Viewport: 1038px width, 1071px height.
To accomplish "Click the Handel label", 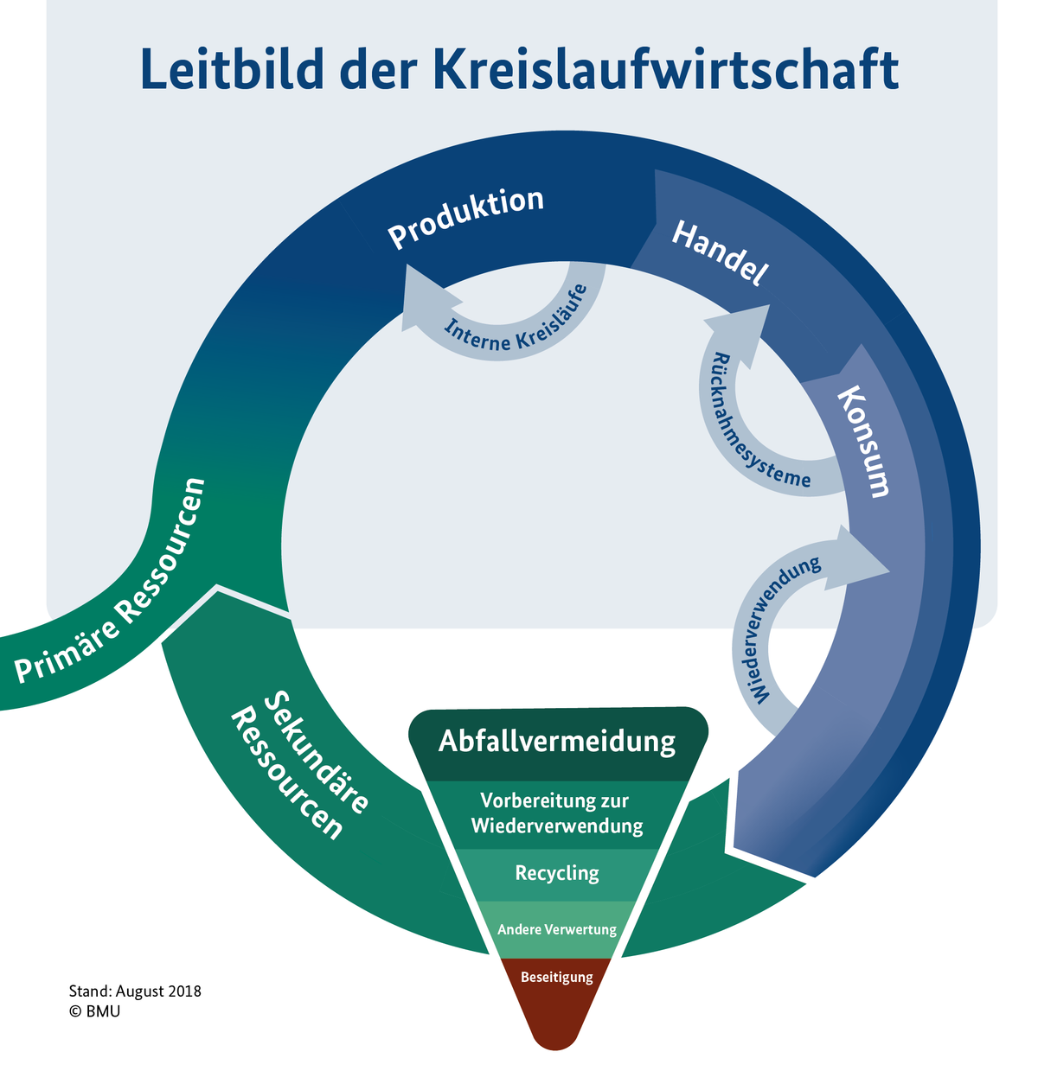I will [720, 253].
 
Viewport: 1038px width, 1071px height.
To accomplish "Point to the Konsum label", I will [863, 441].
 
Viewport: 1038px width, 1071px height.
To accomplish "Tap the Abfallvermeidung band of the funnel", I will [557, 742].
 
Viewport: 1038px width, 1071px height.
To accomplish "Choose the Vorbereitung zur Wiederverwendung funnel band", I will [557, 813].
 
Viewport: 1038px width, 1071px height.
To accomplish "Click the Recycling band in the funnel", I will [557, 873].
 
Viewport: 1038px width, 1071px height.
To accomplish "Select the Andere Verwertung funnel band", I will [557, 929].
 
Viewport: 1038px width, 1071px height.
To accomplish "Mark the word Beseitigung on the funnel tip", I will [557, 978].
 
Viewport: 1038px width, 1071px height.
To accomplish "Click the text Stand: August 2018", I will [135, 991].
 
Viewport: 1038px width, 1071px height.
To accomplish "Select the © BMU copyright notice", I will [95, 1010].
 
